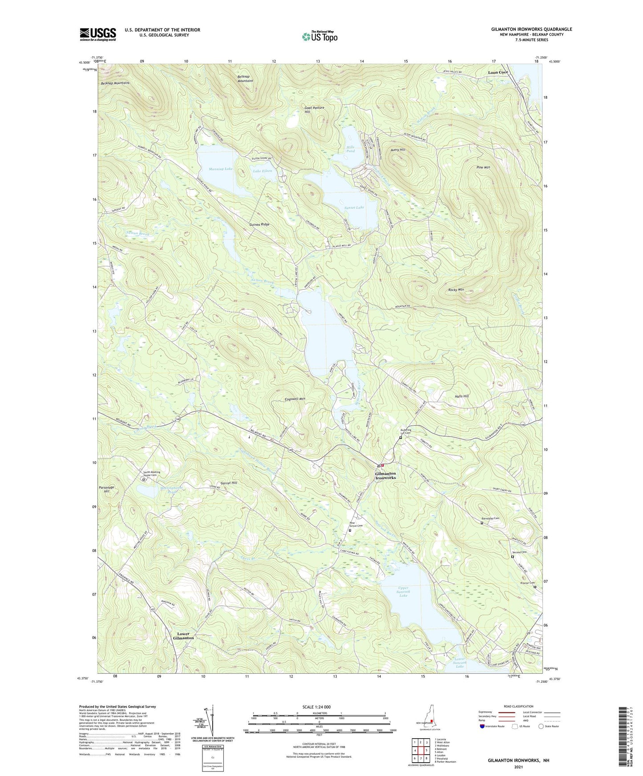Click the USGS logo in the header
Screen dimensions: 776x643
(98, 34)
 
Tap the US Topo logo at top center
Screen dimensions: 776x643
(319, 36)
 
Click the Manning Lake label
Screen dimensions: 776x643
(220, 169)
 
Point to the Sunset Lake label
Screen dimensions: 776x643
(354, 207)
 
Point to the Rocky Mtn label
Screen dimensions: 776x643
(456, 290)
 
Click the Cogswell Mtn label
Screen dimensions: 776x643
(295, 399)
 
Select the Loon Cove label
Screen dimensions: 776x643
(497, 72)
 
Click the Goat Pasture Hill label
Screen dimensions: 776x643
(314, 110)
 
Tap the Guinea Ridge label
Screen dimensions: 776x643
(259, 224)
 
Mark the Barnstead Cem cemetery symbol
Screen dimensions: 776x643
(482, 523)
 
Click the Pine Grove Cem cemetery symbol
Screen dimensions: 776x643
(350, 530)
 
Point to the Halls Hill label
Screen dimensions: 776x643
(461, 396)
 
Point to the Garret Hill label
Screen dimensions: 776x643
(229, 483)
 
